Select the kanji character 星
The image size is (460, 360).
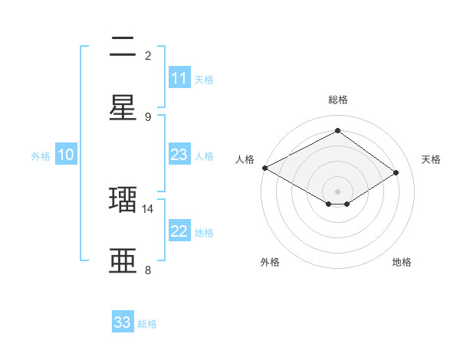pyautogui.click(x=123, y=108)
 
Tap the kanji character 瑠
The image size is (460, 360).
pyautogui.click(x=123, y=200)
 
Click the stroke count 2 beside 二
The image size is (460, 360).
pyautogui.click(x=148, y=55)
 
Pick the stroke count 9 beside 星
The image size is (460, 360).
pyautogui.click(x=148, y=116)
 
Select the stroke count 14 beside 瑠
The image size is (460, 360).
pyautogui.click(x=148, y=208)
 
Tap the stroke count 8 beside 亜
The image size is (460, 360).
pyautogui.click(x=148, y=270)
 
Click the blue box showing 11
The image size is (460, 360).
pyautogui.click(x=179, y=78)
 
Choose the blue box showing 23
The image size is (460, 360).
pyautogui.click(x=179, y=155)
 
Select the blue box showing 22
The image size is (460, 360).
pyautogui.click(x=179, y=231)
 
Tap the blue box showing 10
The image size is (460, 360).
pyautogui.click(x=66, y=155)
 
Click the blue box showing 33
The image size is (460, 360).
pyautogui.click(x=123, y=322)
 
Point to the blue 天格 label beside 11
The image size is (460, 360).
pyautogui.click(x=204, y=79)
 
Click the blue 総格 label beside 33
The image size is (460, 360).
pyautogui.click(x=147, y=324)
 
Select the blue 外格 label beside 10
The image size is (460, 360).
pyautogui.click(x=41, y=156)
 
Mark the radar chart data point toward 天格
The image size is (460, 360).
pyautogui.click(x=396, y=173)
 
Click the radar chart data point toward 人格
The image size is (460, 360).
pyautogui.click(x=264, y=168)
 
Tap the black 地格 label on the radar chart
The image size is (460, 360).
pyautogui.click(x=402, y=262)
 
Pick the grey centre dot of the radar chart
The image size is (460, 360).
pyautogui.click(x=337, y=191)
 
